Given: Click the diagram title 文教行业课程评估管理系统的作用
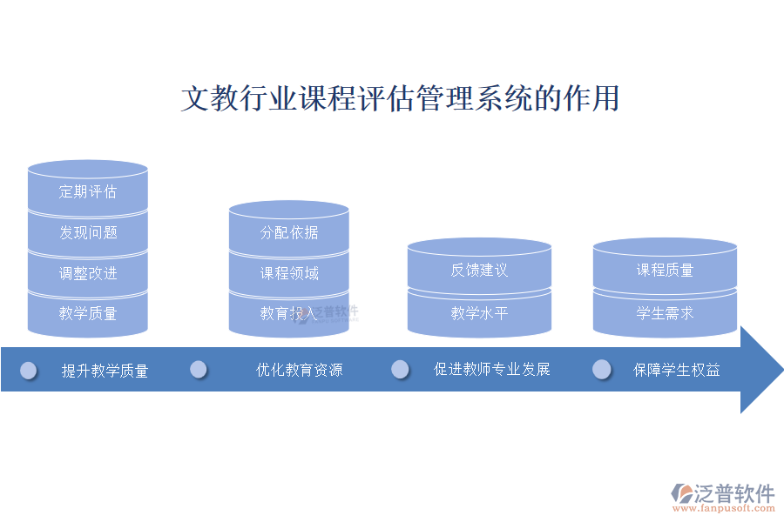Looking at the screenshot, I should pos(400,97).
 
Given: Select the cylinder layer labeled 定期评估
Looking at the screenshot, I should pos(88,191).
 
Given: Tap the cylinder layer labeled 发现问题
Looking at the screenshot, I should pos(88,232).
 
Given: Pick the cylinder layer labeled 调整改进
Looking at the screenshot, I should pos(88,273).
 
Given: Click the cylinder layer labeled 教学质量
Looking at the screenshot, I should pos(88,313).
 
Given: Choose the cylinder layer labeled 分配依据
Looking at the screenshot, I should pos(289,232).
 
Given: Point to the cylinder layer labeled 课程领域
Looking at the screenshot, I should pos(289,273).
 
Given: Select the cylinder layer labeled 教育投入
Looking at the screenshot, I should pos(289,313).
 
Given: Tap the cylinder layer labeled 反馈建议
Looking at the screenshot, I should pos(479,270).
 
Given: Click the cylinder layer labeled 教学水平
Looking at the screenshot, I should pos(479,313).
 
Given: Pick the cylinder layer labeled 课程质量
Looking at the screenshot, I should pos(665,270).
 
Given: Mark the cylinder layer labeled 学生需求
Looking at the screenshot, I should pos(665,313).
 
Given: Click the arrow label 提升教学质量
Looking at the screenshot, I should pos(105,371).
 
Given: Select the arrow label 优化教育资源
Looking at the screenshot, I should pos(299,370).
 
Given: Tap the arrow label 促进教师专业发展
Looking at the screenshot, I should pos(492,369).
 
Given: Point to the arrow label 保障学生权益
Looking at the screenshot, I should pos(677,370).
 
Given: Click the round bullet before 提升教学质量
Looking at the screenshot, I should pos(29,371).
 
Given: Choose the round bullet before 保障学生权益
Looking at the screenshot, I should pos(602,370).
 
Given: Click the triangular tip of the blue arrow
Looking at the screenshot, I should pos(762,369).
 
